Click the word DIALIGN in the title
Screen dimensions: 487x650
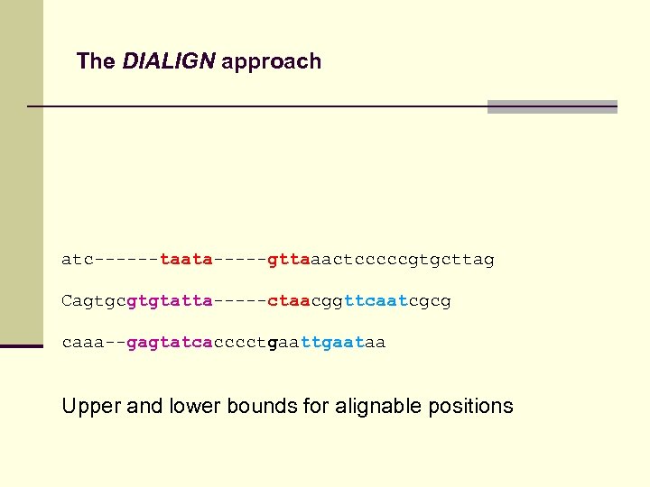tap(170, 61)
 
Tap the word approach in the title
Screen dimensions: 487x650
tap(271, 62)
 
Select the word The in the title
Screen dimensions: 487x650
tap(96, 61)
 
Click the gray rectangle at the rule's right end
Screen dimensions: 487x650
tap(552, 106)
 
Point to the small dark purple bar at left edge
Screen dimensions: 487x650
tap(22, 345)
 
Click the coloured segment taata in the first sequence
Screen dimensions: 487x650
tap(186, 260)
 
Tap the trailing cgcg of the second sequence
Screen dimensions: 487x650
tap(430, 300)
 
